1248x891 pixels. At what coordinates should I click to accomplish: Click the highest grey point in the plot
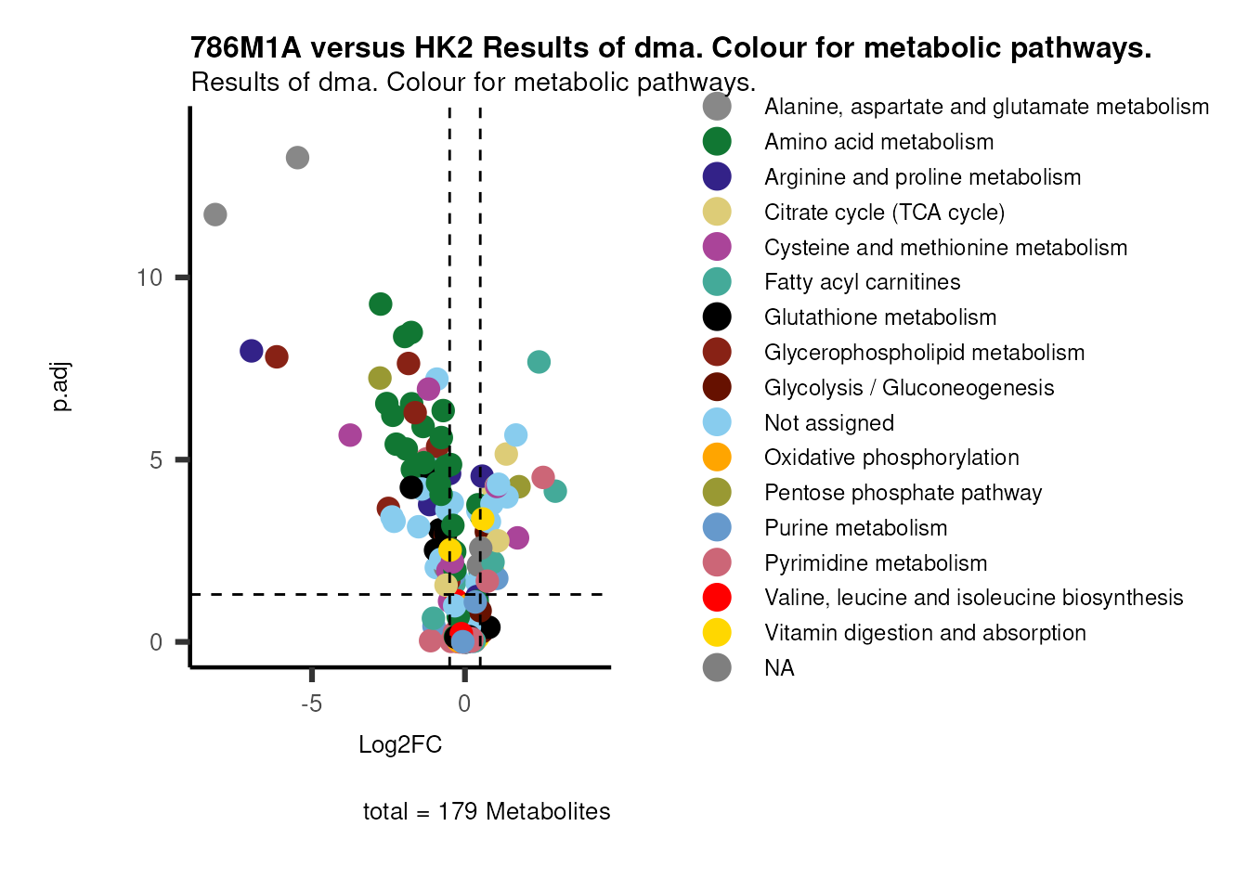pos(297,158)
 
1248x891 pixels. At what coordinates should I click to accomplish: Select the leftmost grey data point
pos(215,214)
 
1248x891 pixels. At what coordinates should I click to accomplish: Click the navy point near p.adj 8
pos(252,351)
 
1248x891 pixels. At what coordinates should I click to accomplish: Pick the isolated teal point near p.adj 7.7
pos(539,362)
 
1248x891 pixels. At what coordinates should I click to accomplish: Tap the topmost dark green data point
pos(380,303)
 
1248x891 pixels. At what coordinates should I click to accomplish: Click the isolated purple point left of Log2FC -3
pos(350,434)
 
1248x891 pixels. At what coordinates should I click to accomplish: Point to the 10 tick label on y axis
pos(149,278)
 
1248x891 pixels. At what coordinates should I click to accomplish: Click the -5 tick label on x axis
pos(311,704)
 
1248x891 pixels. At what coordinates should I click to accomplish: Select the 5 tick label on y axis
pos(155,460)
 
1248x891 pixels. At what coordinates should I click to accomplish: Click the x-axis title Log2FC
pos(400,744)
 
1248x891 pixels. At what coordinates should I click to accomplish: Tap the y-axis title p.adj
pos(60,388)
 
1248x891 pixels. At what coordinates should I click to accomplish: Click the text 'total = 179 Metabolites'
pos(487,811)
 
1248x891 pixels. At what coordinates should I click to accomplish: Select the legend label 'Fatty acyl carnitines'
pos(862,282)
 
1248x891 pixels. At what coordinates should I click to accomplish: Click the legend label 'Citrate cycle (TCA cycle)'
pos(884,213)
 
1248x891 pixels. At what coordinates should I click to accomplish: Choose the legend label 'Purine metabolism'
pos(855,528)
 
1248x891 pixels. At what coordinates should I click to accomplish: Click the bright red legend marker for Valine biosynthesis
pos(717,598)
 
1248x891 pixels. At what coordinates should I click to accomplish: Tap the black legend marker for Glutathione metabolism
pos(717,317)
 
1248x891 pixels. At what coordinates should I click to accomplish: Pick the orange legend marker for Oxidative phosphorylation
pos(717,458)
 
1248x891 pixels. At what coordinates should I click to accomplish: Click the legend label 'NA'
pos(779,668)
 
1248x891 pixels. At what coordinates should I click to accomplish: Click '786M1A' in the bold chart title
pos(245,48)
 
